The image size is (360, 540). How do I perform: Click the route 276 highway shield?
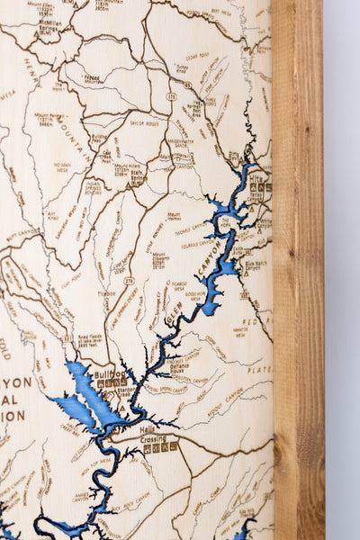click(x=129, y=281)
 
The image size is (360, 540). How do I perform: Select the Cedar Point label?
click(x=197, y=56)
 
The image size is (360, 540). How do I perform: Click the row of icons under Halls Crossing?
click(x=161, y=445)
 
